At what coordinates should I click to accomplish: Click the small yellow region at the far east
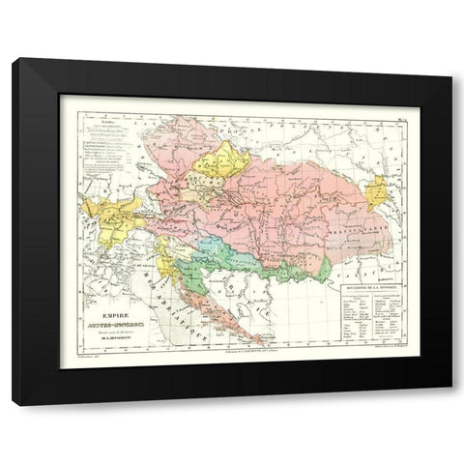[376, 190]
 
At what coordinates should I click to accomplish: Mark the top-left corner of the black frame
[14, 60]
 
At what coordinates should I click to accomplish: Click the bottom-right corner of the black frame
[450, 404]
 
